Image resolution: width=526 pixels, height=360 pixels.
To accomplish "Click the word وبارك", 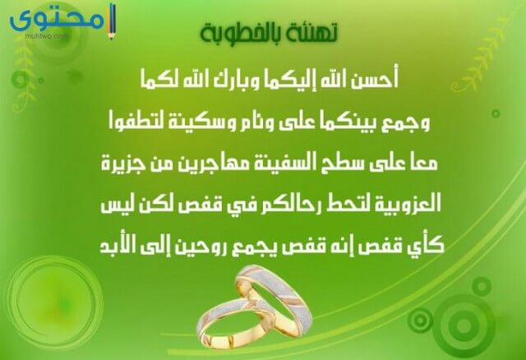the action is click(237, 81).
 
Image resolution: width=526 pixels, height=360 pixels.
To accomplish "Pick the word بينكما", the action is click(351, 122).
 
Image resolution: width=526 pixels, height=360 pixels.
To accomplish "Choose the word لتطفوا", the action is click(134, 122).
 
